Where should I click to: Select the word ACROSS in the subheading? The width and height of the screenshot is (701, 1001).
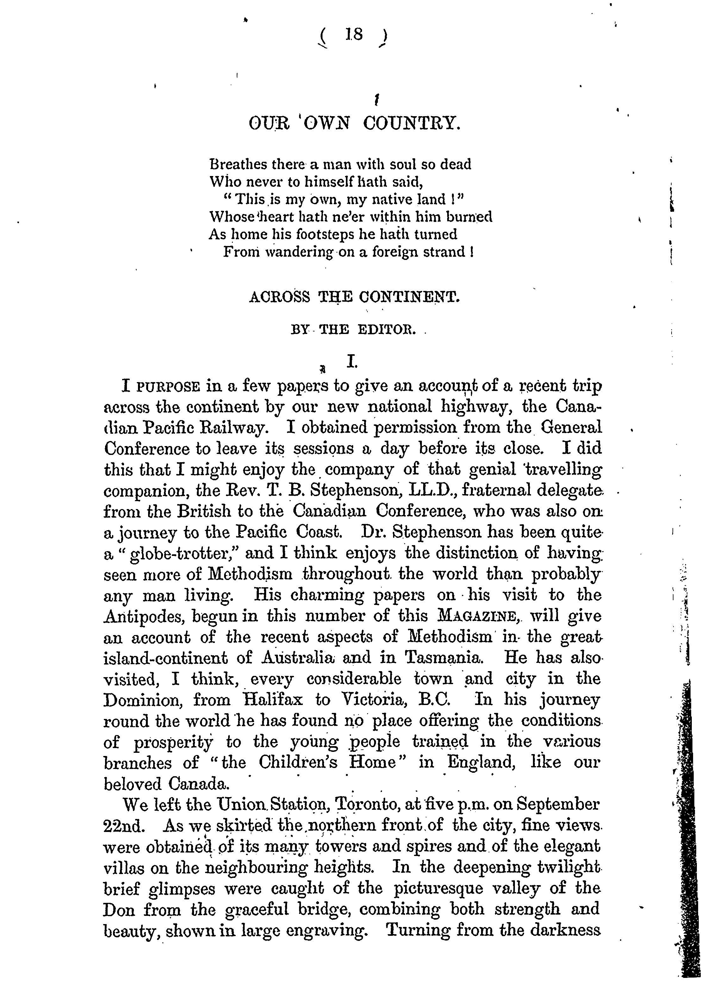pyautogui.click(x=279, y=297)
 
